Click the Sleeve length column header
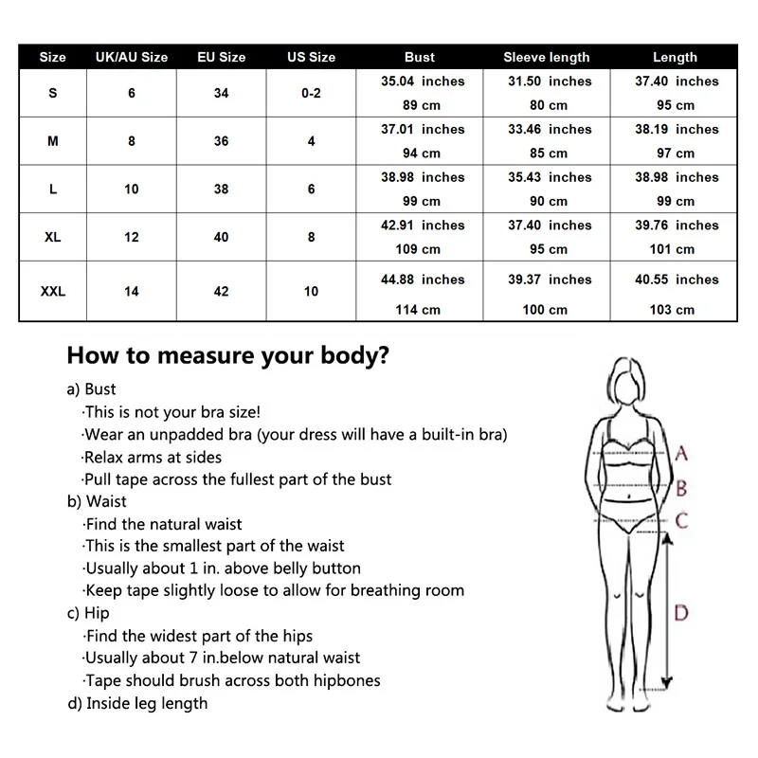[x=546, y=57]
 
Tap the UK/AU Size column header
[x=132, y=57]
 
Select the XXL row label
[x=53, y=292]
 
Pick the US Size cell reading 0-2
[x=311, y=93]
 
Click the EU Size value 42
[x=221, y=292]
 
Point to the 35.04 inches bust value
[x=423, y=81]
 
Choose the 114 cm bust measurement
[x=418, y=310]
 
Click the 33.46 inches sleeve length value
[x=550, y=129]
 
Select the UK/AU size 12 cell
[x=132, y=237]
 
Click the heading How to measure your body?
[x=227, y=356]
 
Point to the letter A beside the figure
[x=680, y=454]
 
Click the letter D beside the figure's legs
[x=680, y=613]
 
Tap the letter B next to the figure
[x=680, y=489]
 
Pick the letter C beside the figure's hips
[x=681, y=520]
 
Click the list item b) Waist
[x=97, y=501]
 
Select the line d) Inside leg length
[x=137, y=703]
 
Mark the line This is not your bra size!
[x=171, y=412]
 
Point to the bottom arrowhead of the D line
[x=666, y=679]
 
